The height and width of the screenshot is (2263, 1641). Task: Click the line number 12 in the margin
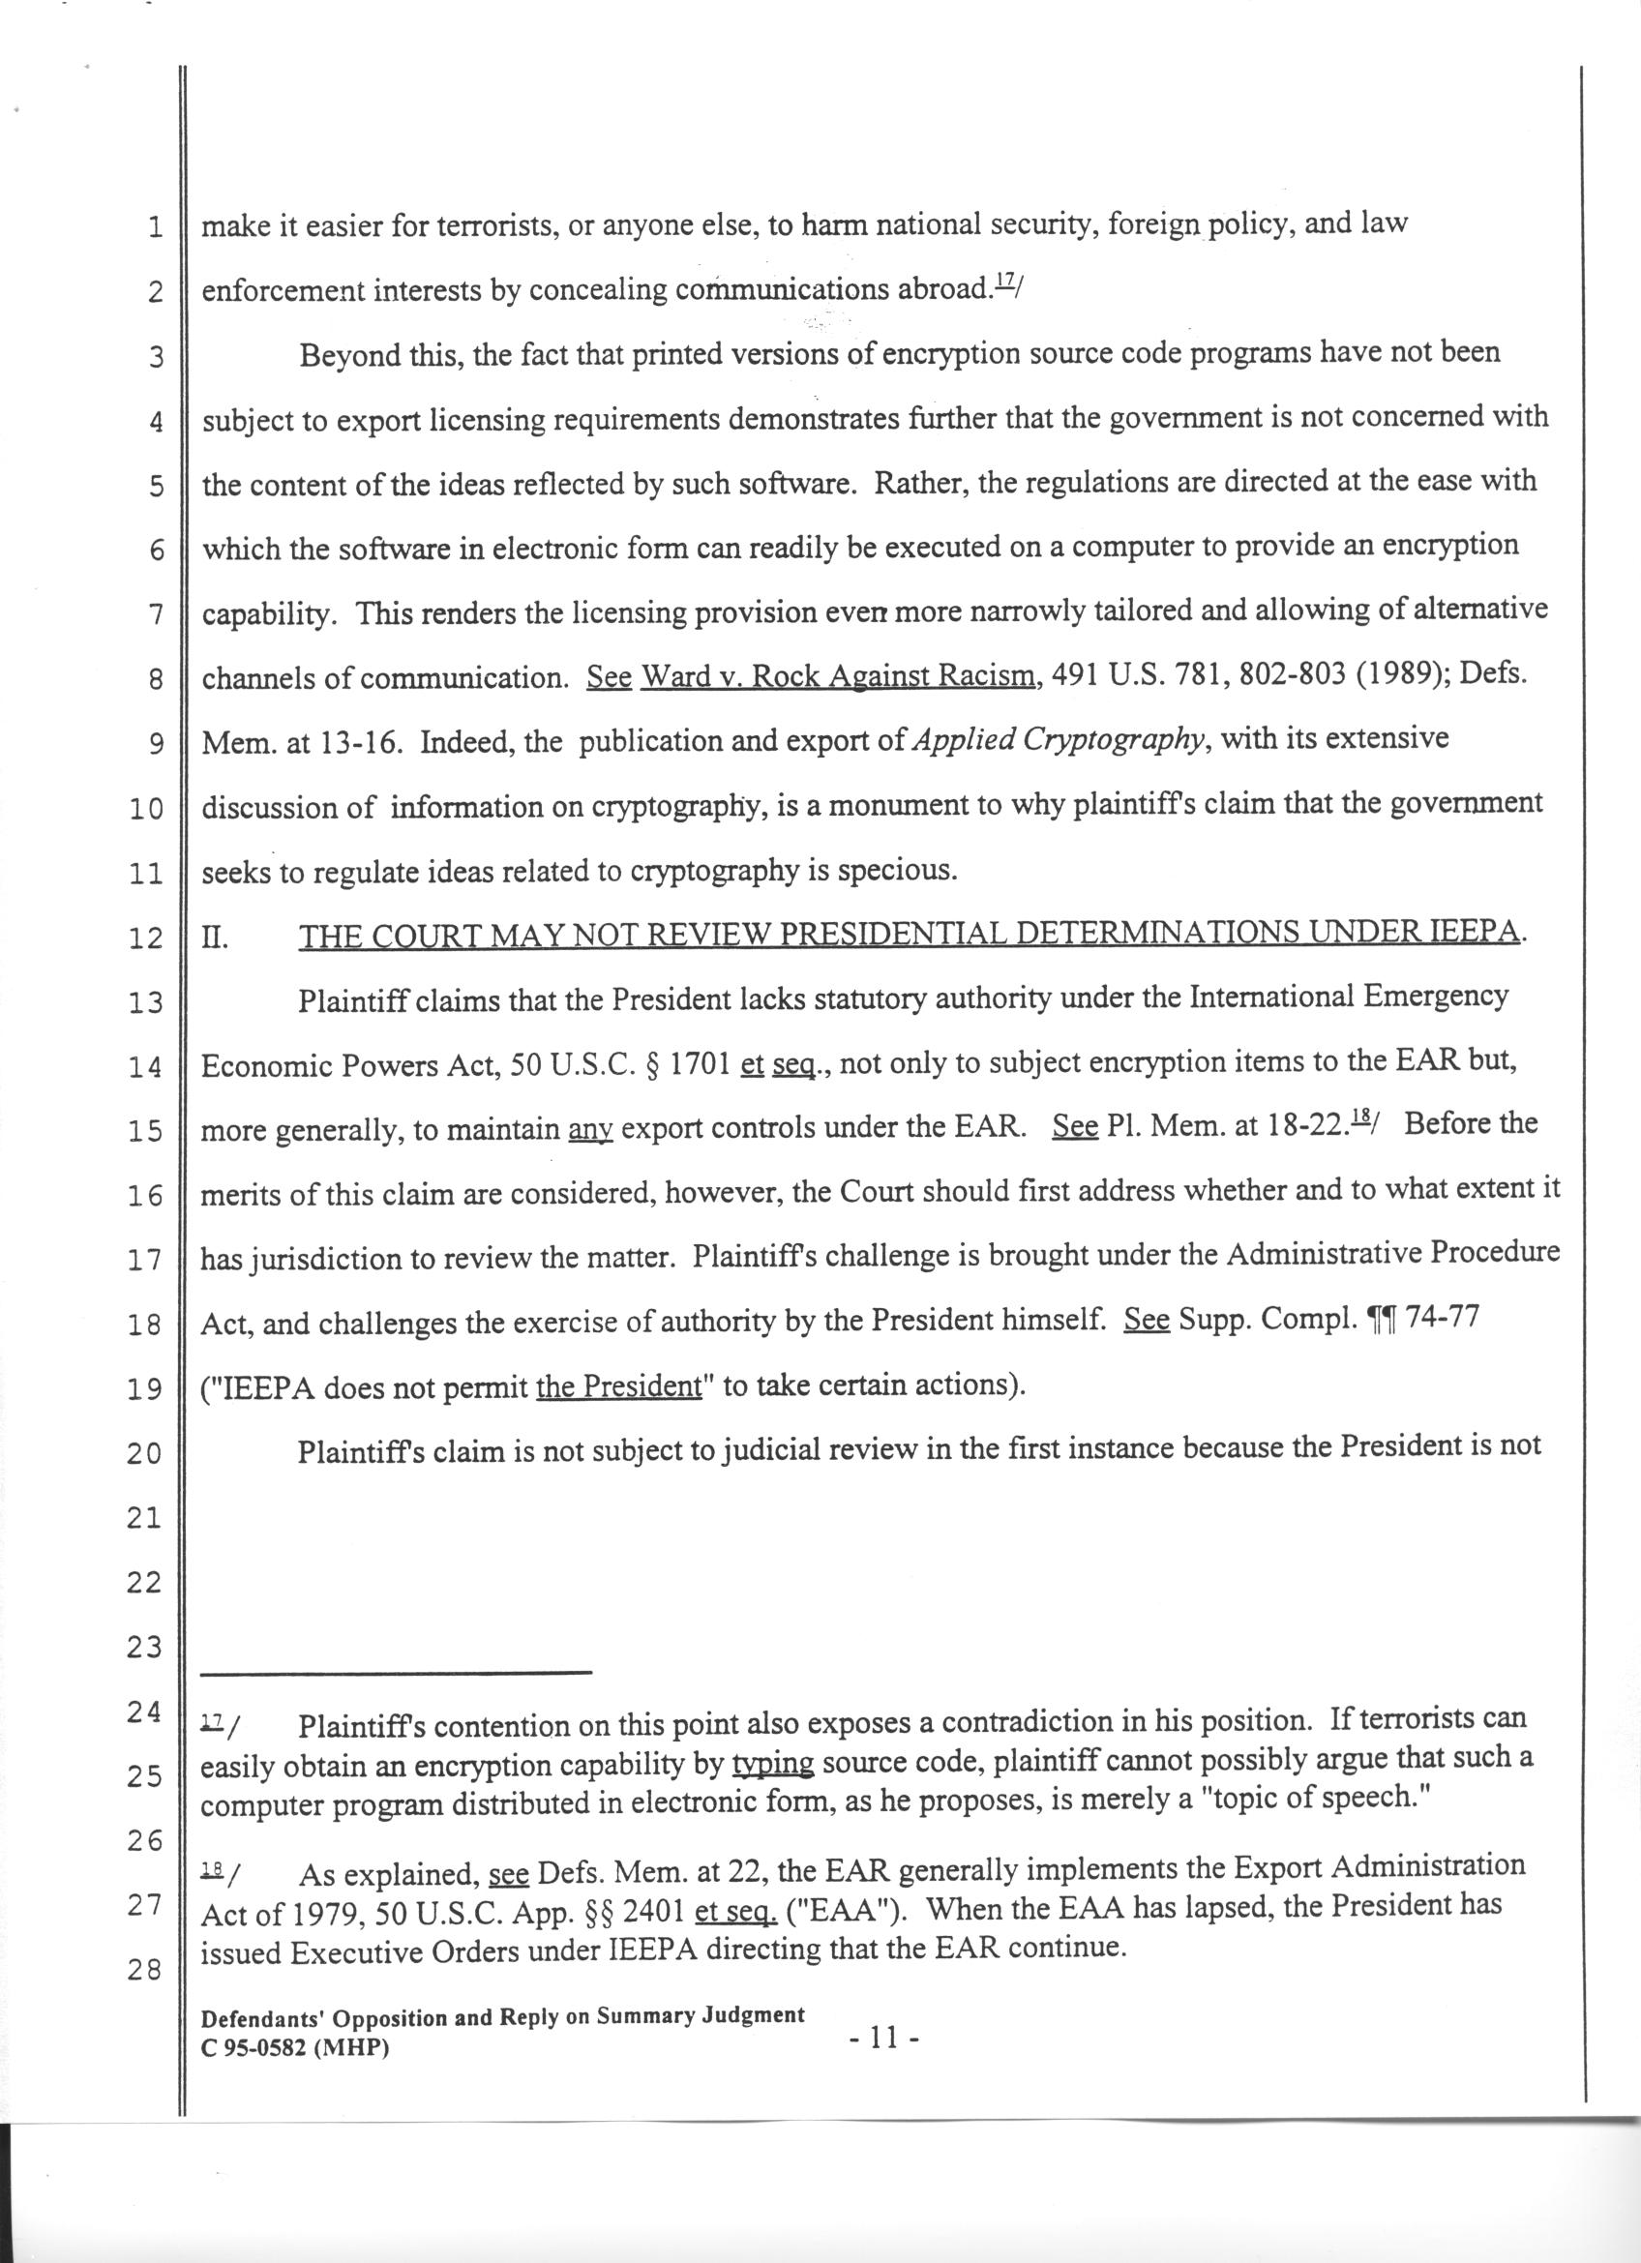click(x=146, y=938)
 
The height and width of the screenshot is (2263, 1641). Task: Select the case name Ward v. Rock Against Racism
click(x=838, y=677)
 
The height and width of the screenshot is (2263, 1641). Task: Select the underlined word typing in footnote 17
click(x=773, y=1763)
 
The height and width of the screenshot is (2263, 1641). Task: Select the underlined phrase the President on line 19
click(x=618, y=1388)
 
